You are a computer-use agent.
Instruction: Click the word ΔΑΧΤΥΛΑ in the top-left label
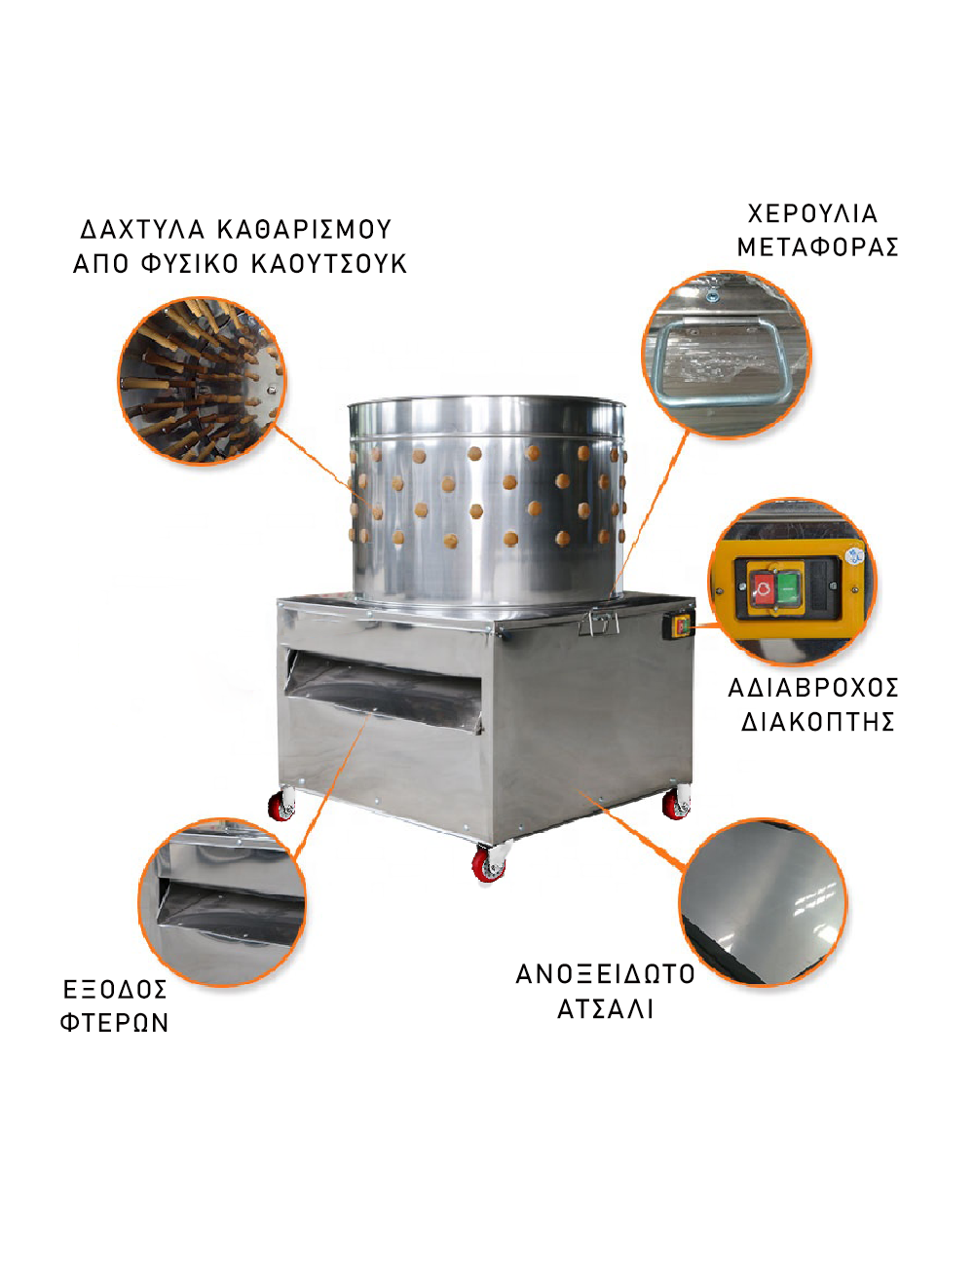[142, 229]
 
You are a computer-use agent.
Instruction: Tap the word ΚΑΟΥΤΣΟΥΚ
[328, 264]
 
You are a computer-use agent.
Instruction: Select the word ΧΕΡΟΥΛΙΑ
[812, 213]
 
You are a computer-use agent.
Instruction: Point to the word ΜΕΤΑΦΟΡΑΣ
[817, 247]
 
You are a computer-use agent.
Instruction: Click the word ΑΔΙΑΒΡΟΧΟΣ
[813, 688]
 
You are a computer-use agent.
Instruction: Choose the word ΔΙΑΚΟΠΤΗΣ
[817, 722]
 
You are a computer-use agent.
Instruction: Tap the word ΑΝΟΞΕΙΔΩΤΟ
[605, 974]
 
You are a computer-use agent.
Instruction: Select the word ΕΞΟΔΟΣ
[115, 990]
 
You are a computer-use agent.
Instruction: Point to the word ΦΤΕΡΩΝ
[115, 1023]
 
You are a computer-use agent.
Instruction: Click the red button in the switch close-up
[764, 587]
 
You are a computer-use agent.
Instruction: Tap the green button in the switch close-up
[788, 586]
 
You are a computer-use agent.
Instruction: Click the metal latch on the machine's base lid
[599, 622]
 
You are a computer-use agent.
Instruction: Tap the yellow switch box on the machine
[679, 626]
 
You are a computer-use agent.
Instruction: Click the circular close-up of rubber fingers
[202, 381]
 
